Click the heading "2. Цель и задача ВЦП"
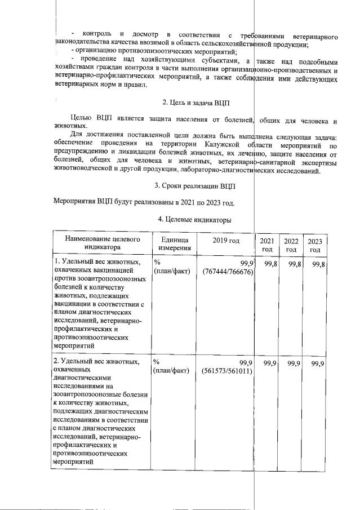point(196,103)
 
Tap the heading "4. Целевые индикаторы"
point(195,219)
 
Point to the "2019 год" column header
point(226,241)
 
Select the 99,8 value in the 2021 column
point(269,264)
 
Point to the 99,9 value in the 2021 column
point(269,363)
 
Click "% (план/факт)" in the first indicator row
point(171,268)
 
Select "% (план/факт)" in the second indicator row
point(171,367)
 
